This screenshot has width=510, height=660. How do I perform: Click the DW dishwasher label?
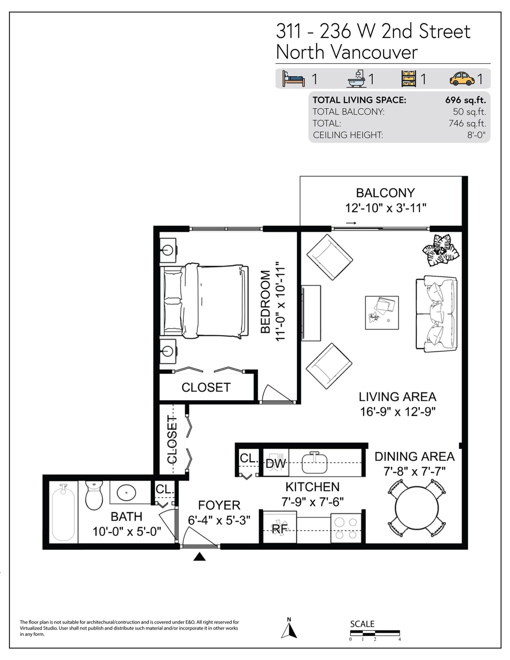coord(275,464)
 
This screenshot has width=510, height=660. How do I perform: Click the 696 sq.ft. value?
coord(466,100)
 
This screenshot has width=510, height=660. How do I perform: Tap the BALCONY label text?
coord(385,193)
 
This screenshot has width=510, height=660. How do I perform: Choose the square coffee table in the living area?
coord(382,312)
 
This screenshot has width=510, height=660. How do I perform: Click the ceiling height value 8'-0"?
coord(477,135)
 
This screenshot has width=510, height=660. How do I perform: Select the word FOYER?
coord(219,505)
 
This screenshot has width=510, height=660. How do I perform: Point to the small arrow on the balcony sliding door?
coord(351,223)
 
